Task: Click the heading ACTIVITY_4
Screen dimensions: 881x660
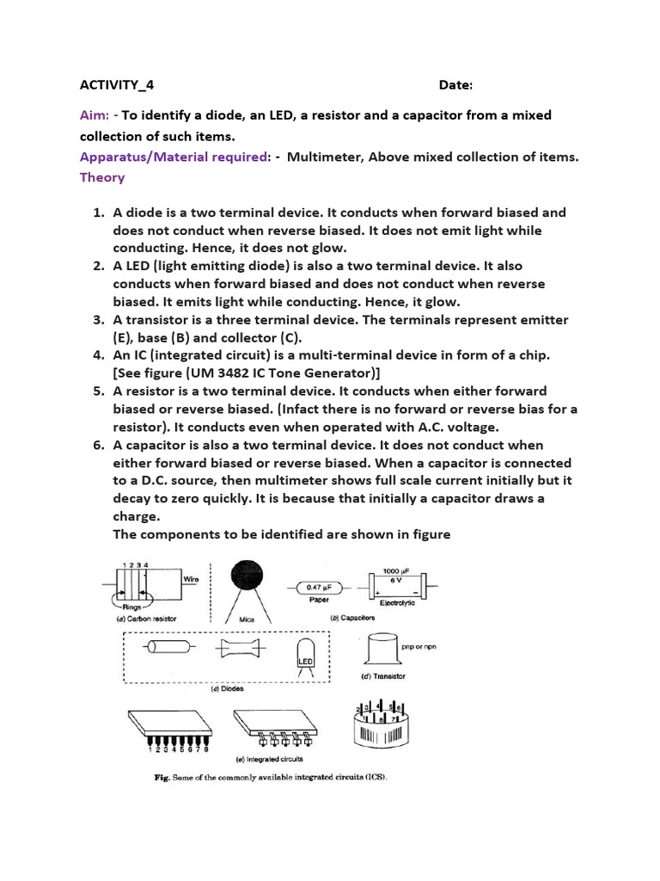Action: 117,85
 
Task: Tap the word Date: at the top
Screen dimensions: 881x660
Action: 455,85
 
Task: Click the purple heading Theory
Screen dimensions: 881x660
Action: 102,177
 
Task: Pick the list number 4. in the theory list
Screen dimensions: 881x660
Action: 98,354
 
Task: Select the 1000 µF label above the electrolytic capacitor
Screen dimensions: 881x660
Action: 395,570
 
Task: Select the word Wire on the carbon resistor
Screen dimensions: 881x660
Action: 191,580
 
